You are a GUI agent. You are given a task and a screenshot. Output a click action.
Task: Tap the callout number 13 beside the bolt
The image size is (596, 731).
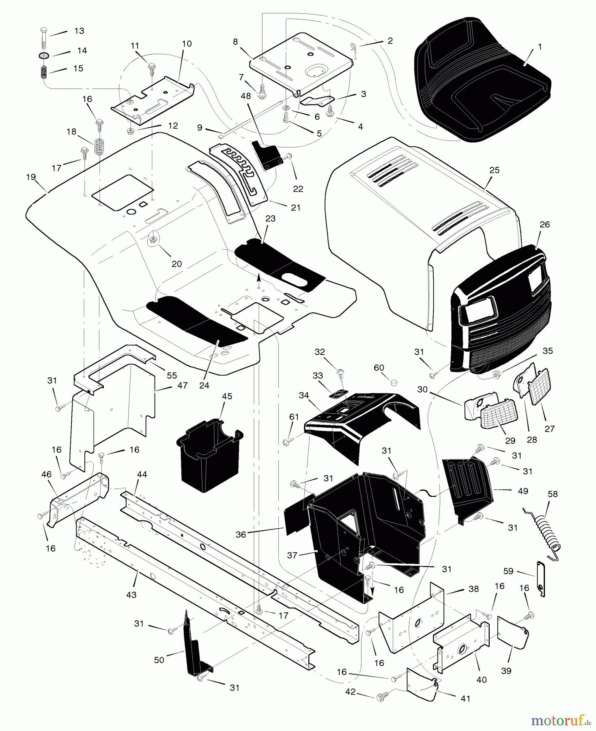coord(79,31)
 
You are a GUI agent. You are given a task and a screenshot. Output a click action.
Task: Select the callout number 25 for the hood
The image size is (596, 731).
coord(494,171)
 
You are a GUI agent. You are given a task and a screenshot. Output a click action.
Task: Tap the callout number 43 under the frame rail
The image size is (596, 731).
coord(131,595)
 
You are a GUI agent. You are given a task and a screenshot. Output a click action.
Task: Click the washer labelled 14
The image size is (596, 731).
coord(43,55)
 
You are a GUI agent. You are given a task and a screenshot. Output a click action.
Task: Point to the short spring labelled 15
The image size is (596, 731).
coord(43,73)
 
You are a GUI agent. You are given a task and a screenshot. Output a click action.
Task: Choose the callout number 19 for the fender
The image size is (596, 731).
coord(31,177)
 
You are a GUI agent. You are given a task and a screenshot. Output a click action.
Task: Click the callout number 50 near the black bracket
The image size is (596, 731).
coord(159,660)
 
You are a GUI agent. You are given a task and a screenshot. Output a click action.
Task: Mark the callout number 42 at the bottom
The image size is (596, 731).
coord(351,692)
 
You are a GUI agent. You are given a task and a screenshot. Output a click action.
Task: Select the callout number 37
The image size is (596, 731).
coord(292,555)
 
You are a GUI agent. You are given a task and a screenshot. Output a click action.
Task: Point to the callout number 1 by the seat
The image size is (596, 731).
coord(540,47)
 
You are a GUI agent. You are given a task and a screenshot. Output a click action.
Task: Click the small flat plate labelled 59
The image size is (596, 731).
coord(540,579)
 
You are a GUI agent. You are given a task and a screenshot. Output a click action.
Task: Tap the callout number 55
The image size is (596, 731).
coord(172,376)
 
